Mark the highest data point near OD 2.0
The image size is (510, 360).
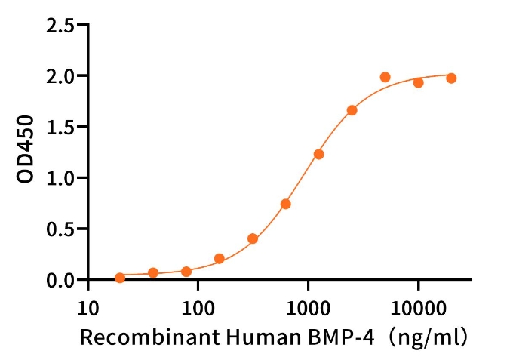tap(385, 77)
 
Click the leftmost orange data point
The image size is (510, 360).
tap(120, 278)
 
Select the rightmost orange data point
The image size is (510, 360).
tap(451, 78)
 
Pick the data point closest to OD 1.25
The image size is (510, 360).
tap(319, 154)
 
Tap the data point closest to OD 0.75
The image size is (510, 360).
tap(286, 204)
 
